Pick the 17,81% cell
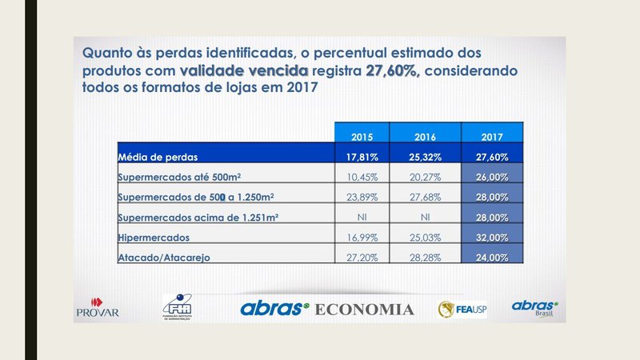point(362,155)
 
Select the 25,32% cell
point(427,155)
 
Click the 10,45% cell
point(362,176)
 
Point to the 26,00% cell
point(493,176)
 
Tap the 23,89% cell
point(362,197)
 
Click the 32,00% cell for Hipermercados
point(493,238)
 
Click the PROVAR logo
point(97,307)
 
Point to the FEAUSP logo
point(460,309)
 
